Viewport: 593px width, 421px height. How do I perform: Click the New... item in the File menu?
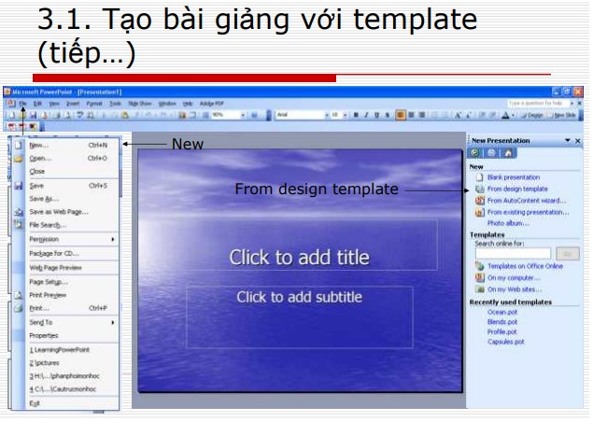[39, 145]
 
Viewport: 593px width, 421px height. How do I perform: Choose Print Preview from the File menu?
[48, 294]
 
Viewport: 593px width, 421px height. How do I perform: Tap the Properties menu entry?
[44, 335]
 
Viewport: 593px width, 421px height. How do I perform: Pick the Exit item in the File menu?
[35, 402]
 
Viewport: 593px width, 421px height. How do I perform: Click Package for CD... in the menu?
[54, 253]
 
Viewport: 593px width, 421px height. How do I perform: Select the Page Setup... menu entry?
[49, 281]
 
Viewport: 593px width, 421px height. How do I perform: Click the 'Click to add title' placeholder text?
[299, 258]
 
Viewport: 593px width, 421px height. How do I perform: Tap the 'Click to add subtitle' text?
[299, 298]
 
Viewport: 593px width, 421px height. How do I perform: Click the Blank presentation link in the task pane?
[513, 176]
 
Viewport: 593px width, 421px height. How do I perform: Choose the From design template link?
[517, 189]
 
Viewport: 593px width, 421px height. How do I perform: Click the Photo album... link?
[508, 223]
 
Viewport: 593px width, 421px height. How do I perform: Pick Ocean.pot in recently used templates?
[503, 313]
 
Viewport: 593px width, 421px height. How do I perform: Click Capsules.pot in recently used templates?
[505, 342]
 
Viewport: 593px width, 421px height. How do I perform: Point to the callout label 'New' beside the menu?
[187, 144]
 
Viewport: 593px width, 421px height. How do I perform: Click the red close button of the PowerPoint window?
[579, 91]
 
